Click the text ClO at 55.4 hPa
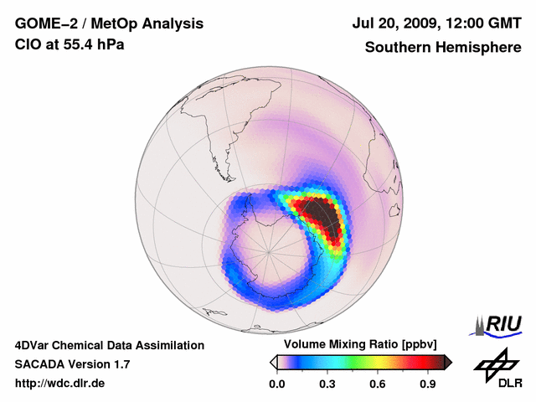click(x=70, y=44)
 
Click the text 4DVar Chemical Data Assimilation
click(x=110, y=345)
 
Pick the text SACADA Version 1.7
click(x=73, y=364)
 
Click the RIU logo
click(x=497, y=323)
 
